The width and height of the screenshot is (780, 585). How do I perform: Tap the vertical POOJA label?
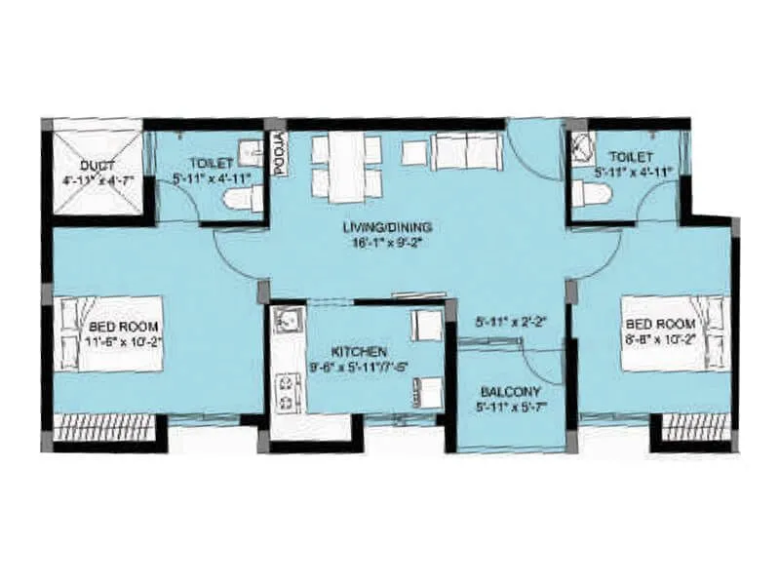click(x=278, y=153)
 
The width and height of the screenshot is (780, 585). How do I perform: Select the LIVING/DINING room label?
click(x=387, y=227)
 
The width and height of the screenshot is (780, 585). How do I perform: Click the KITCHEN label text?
click(x=359, y=350)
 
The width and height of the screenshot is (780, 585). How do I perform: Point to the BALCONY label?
click(x=510, y=396)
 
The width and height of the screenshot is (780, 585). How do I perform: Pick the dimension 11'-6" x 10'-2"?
click(x=123, y=341)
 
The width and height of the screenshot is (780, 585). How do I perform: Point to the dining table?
click(x=346, y=166)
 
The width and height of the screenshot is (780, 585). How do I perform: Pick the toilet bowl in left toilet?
click(x=240, y=200)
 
